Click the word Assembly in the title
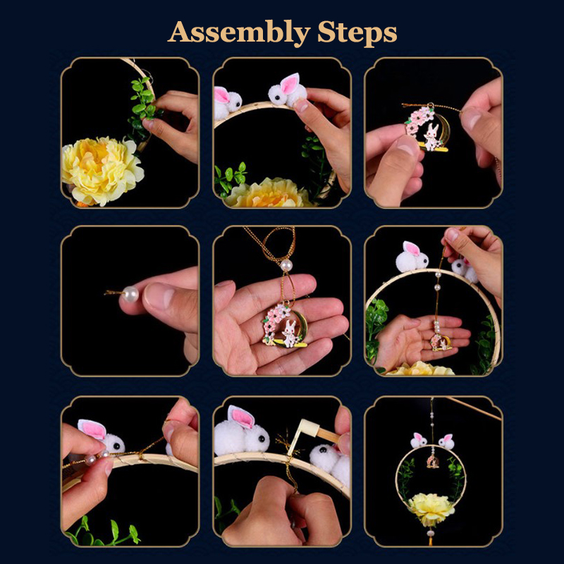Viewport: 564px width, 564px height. point(239,33)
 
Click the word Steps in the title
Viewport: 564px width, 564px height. point(357,33)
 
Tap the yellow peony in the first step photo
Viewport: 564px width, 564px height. point(102,171)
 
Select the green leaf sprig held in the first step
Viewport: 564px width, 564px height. point(143,106)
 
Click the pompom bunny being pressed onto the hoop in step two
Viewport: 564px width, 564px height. point(288,90)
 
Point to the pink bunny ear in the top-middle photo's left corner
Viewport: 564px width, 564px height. point(221,95)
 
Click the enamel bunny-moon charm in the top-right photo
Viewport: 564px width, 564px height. point(427,128)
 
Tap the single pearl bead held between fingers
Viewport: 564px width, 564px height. point(130,294)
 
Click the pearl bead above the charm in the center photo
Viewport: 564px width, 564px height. point(286,266)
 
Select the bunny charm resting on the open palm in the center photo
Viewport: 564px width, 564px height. point(285,326)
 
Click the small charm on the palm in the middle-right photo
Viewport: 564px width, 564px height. point(441,342)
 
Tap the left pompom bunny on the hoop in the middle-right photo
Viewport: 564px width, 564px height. point(412,257)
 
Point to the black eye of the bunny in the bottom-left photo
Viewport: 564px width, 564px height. point(116,446)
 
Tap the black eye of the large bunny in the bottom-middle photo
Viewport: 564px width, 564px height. point(262,439)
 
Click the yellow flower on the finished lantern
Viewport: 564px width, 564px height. point(431,509)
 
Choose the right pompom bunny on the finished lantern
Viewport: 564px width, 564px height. point(446,441)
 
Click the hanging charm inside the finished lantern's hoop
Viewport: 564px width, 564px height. point(432,462)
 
